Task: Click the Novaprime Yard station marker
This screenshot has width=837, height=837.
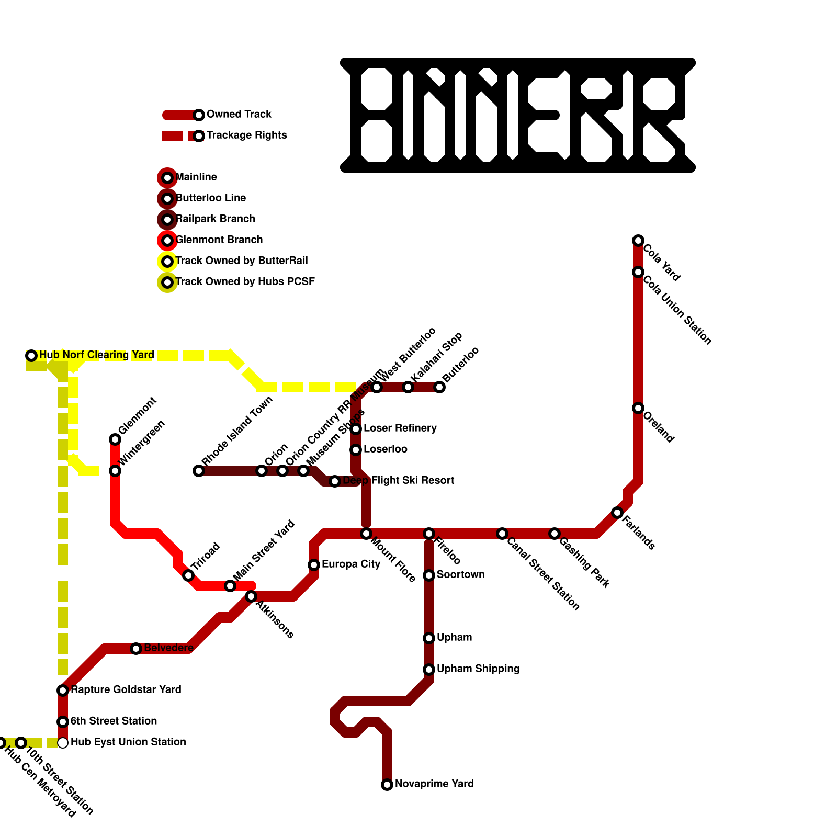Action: (x=387, y=785)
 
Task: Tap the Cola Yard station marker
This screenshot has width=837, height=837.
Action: (x=638, y=241)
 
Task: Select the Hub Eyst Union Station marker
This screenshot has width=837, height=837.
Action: (x=63, y=743)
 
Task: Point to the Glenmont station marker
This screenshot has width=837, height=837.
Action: (x=115, y=439)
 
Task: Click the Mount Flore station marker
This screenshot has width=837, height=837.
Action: (x=366, y=534)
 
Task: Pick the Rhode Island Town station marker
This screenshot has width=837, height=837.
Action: (x=199, y=471)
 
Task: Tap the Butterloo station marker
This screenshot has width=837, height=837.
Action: (x=439, y=387)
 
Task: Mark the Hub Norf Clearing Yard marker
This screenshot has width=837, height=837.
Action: (x=31, y=356)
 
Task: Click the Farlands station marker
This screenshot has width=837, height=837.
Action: (x=617, y=513)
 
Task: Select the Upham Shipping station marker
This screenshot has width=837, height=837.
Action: (x=429, y=670)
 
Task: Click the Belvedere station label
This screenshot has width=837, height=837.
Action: (x=168, y=648)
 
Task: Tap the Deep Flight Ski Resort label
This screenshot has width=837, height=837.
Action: (x=399, y=481)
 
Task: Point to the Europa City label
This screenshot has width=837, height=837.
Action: (x=351, y=564)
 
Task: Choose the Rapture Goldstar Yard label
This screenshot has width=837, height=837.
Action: (x=126, y=690)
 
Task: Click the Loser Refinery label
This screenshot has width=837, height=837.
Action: (x=400, y=428)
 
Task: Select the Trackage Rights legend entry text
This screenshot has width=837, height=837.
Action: (x=246, y=135)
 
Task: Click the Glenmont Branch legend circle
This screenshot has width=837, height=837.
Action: (x=167, y=241)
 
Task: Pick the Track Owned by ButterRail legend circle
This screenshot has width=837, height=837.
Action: (x=167, y=262)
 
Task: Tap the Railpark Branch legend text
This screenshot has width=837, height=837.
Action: (x=216, y=219)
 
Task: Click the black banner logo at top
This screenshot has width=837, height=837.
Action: (x=518, y=115)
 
